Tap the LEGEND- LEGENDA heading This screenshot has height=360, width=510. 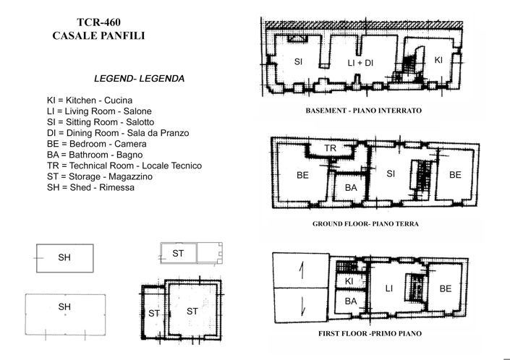click(139, 77)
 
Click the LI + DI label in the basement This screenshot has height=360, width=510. click(360, 64)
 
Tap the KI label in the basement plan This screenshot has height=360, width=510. click(438, 60)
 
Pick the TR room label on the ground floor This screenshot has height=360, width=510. click(331, 148)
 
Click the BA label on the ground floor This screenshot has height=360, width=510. click(351, 187)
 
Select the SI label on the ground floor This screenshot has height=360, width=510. click(391, 173)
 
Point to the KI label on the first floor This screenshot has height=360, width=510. click(348, 281)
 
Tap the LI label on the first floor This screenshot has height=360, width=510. click(388, 289)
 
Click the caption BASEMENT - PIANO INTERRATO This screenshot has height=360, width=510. click(364, 111)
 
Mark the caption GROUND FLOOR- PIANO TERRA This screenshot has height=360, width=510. click(365, 224)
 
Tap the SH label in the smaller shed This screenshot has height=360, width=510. click(64, 258)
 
